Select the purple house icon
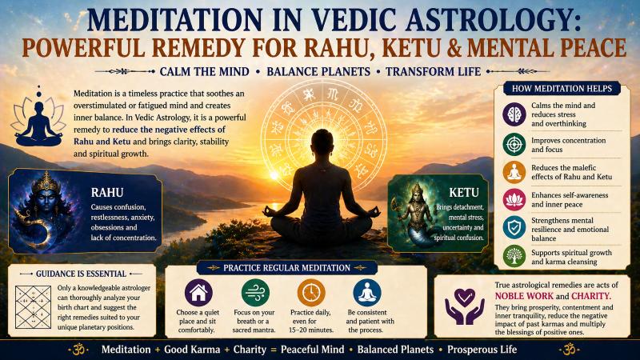coord(198,292)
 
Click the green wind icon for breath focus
coord(254,292)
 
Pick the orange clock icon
coord(310,292)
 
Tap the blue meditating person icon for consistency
coord(367,292)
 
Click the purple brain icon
coord(514,115)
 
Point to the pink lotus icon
coord(514,199)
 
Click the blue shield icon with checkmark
coord(514,227)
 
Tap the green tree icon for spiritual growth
coord(514,256)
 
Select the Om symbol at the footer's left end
coord(78,349)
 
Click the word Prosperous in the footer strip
coord(470,350)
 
